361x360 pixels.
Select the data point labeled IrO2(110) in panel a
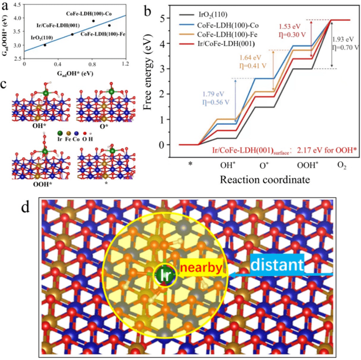tap(45, 45)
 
